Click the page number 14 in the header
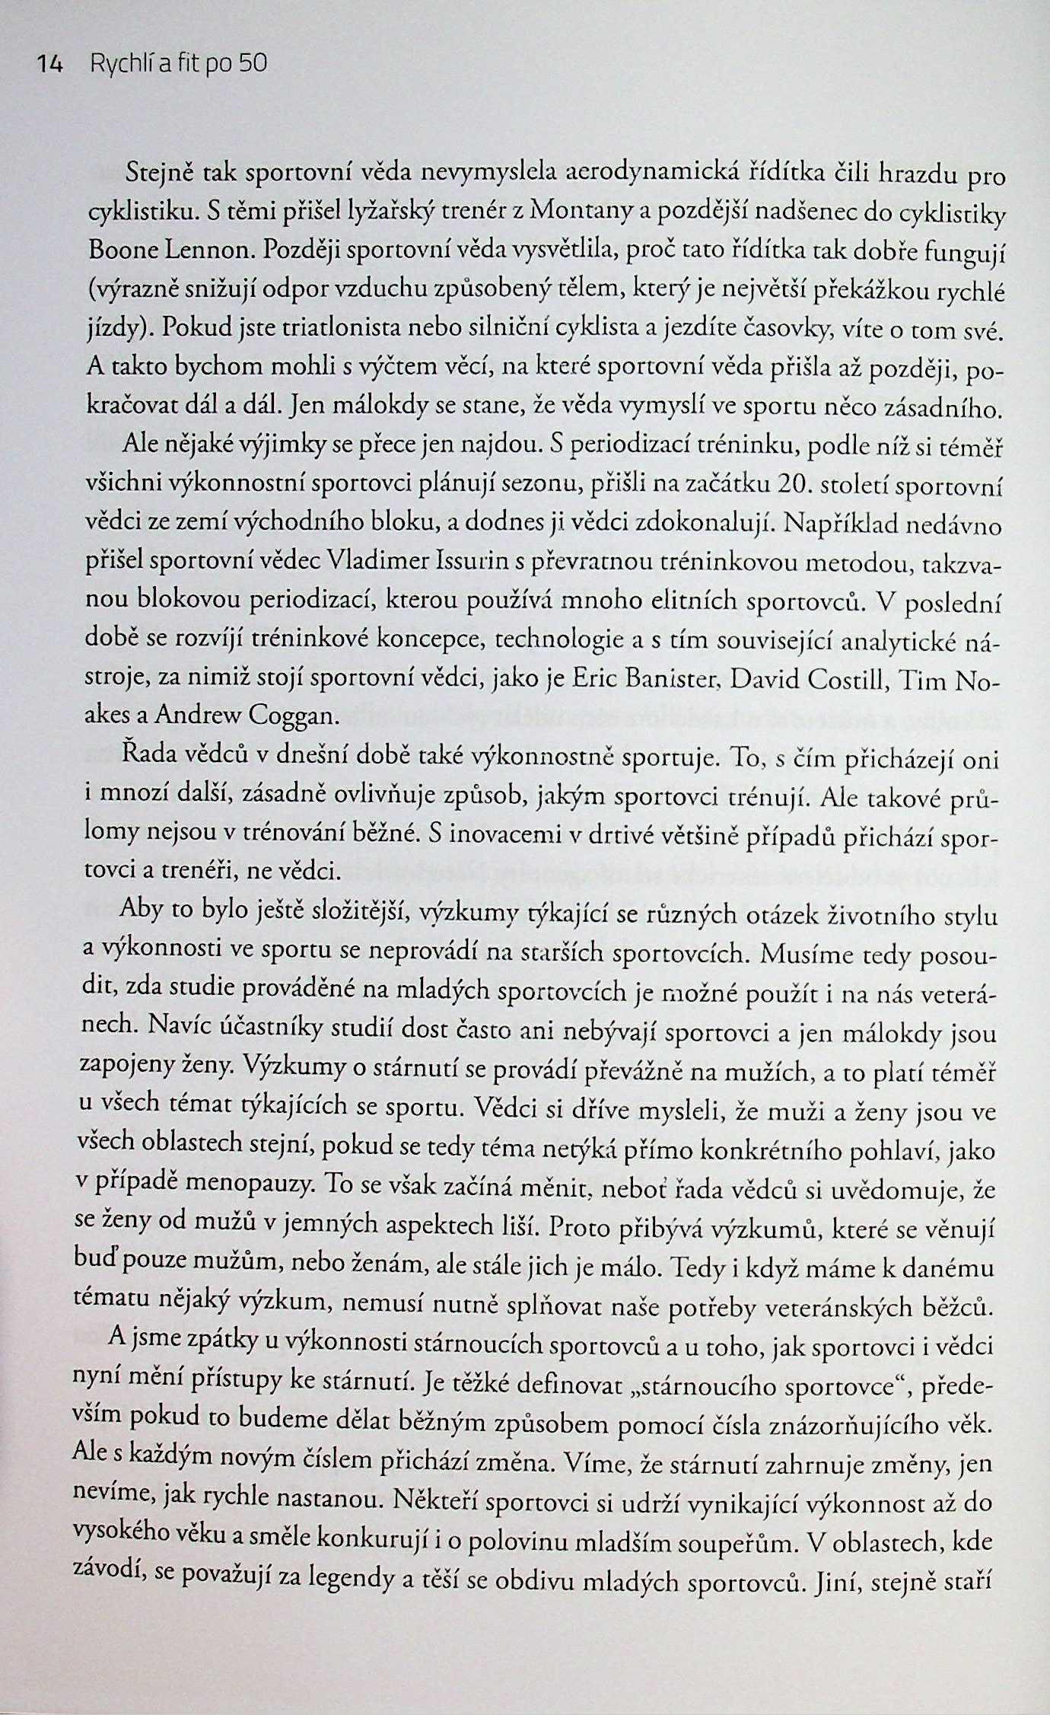(x=51, y=64)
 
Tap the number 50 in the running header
(x=253, y=64)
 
